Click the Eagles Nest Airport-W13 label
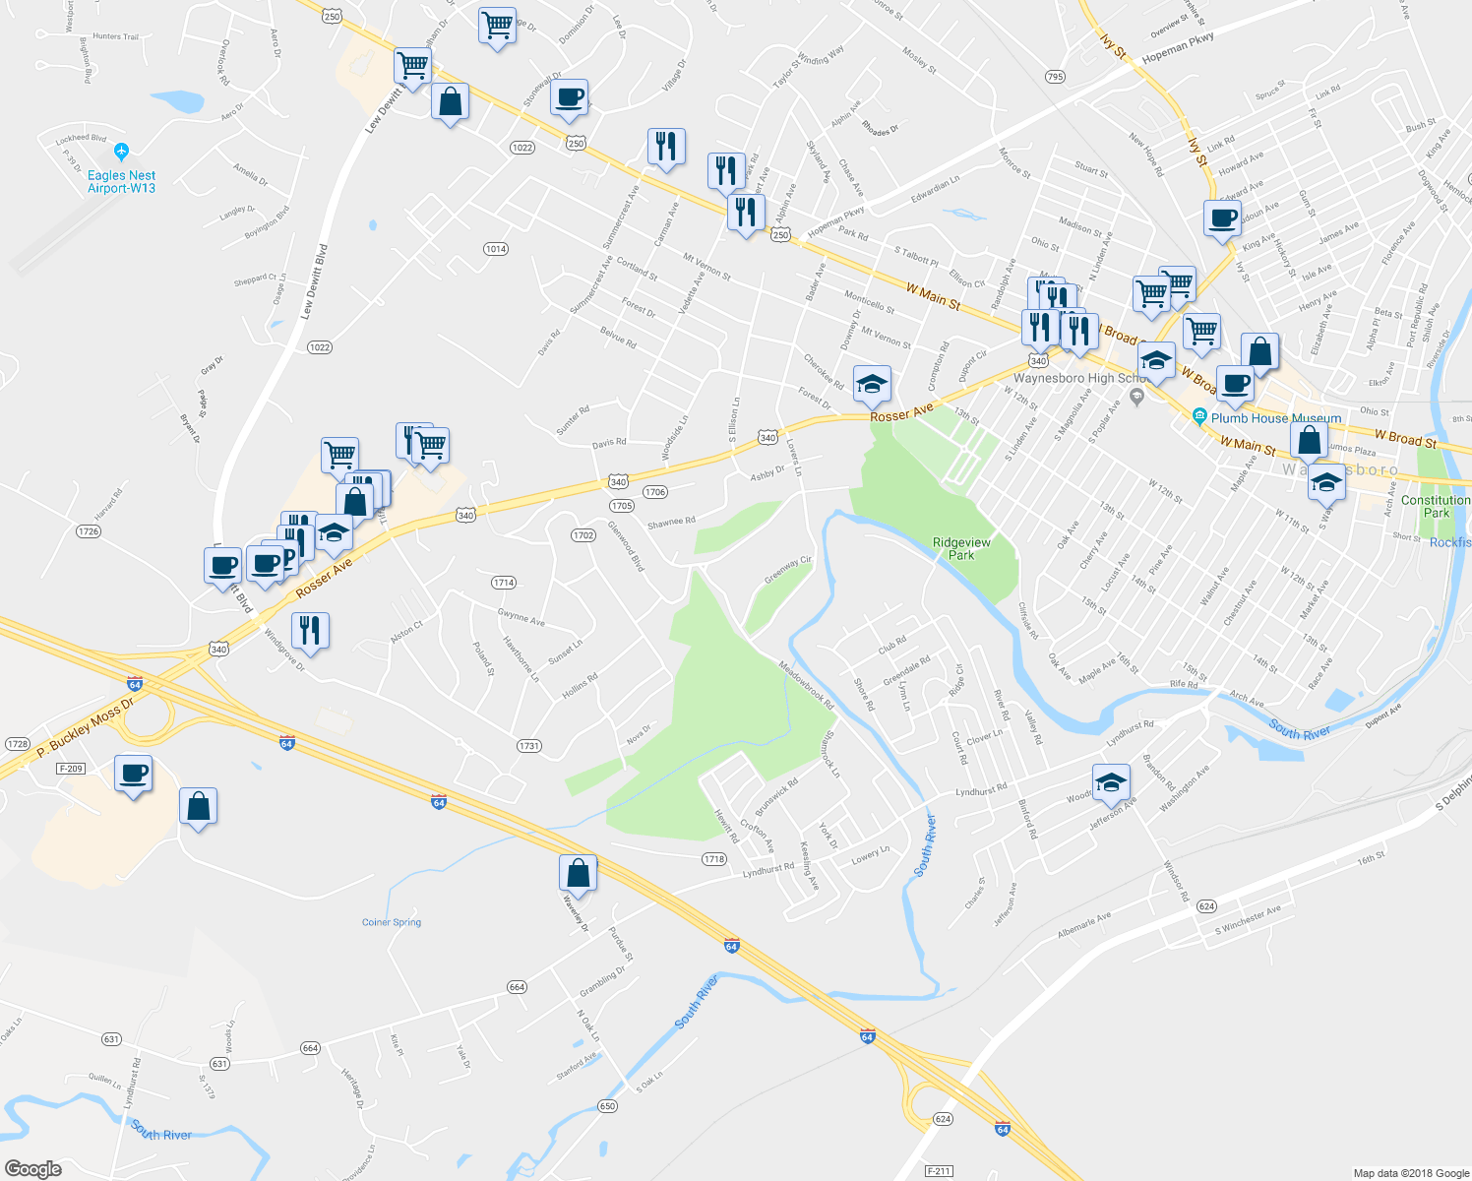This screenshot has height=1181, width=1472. [121, 182]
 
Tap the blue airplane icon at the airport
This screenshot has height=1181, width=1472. [121, 152]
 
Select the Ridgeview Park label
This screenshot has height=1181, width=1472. [961, 549]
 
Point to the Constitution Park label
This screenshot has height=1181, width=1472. [1436, 506]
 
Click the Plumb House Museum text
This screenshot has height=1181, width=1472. [1275, 418]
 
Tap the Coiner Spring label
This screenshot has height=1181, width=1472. [392, 922]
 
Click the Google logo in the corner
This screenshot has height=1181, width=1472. [33, 1169]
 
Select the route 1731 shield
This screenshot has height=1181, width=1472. [529, 746]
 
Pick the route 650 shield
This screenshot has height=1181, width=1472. [607, 1106]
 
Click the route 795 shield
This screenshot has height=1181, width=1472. [1055, 77]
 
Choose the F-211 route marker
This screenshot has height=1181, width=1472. [939, 1171]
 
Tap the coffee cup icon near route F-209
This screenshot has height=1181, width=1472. [133, 774]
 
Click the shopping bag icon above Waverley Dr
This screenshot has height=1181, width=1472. [578, 873]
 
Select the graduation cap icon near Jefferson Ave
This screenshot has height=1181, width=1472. [1111, 782]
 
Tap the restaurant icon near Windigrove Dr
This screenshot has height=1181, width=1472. [310, 630]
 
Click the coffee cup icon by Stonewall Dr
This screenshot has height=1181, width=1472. [569, 97]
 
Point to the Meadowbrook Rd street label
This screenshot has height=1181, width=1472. [806, 685]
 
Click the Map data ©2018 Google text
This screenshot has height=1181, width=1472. [1410, 1173]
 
